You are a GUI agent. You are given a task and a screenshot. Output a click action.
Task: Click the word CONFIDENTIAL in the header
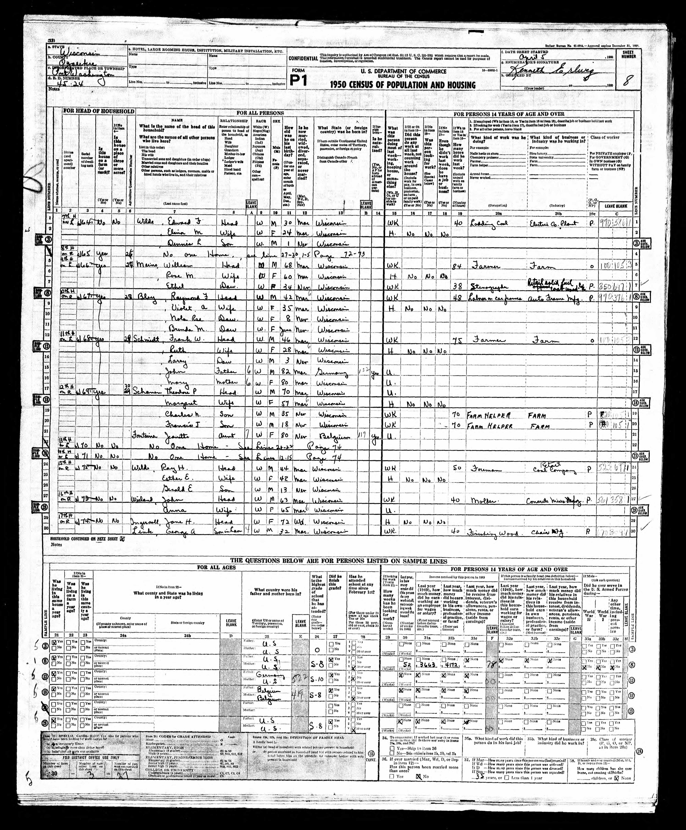point(303,58)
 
